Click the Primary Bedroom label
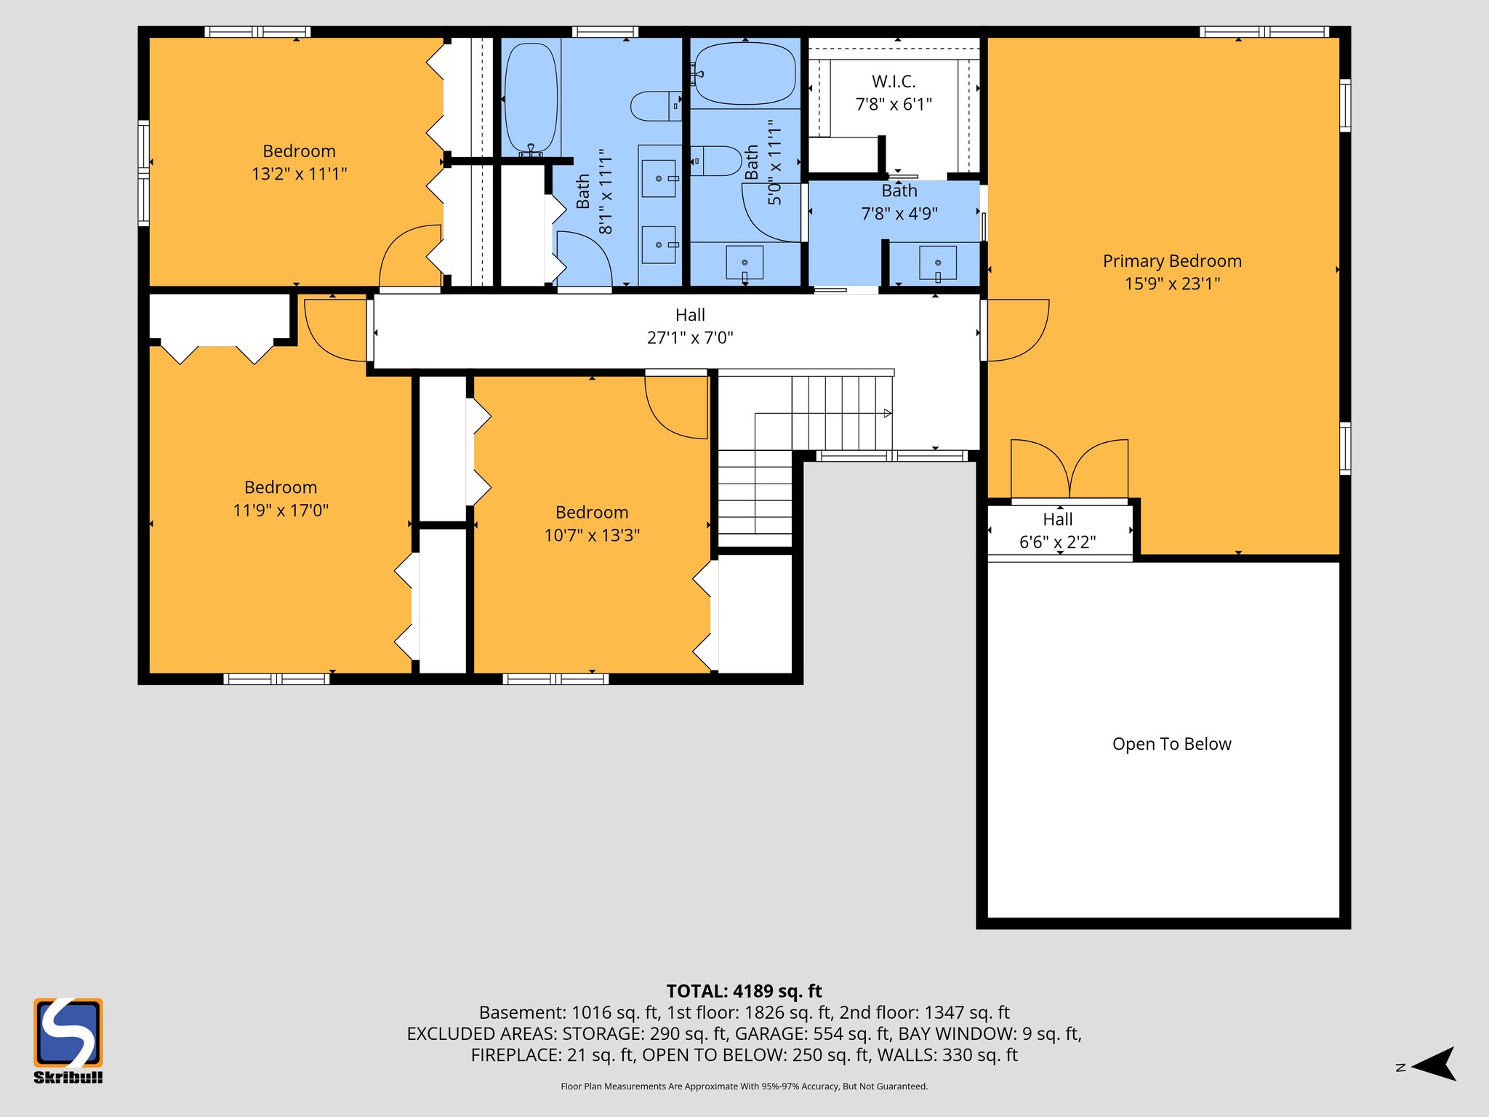point(1171,261)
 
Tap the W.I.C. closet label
point(894,81)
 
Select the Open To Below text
point(1171,744)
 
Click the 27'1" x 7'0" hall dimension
point(690,338)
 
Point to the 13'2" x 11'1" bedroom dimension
point(299,175)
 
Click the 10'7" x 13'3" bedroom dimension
point(592,536)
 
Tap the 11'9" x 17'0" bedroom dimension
point(281,511)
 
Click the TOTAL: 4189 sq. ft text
point(744,991)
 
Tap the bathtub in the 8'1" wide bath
point(531,98)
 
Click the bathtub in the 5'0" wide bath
point(744,73)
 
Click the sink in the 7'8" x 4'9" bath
point(937,263)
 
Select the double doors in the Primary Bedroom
point(1069,469)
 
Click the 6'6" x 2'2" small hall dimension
point(1057,543)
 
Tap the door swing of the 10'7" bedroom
point(676,407)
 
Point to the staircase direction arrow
point(887,413)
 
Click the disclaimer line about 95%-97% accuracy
point(744,1086)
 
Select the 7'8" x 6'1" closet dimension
point(894,105)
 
